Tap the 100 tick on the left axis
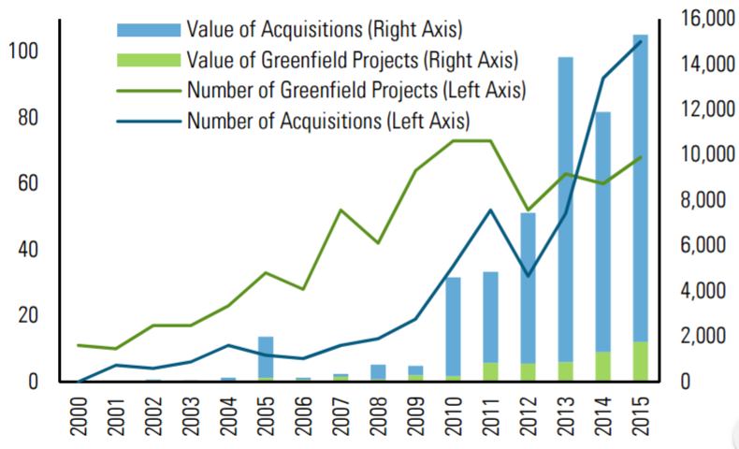[x=20, y=51]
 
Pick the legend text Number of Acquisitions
[x=328, y=121]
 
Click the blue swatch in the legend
[x=147, y=29]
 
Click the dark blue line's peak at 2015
[x=640, y=41]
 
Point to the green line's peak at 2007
[x=341, y=210]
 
